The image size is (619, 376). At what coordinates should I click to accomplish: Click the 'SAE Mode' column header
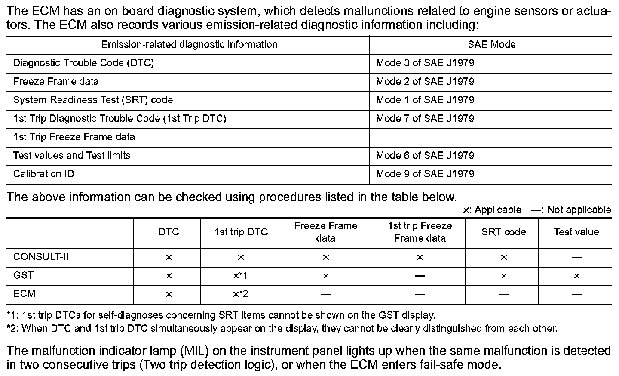coord(491,45)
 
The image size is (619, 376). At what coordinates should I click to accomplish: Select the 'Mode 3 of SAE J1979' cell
coord(425,63)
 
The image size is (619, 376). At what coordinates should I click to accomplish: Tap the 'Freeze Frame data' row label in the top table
coord(56,82)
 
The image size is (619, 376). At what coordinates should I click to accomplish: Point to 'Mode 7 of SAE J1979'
coord(425,119)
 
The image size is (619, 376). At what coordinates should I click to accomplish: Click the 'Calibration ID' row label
coord(43,174)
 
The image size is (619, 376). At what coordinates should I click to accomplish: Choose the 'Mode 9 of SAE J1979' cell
coord(425,174)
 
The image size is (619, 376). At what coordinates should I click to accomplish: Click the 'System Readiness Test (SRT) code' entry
coord(93,100)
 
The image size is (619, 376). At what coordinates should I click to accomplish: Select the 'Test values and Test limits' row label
coord(72,156)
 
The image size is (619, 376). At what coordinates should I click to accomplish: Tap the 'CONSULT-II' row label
coord(41,257)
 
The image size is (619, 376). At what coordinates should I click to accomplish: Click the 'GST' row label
coord(23,276)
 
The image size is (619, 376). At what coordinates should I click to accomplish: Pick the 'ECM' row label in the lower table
coord(24,294)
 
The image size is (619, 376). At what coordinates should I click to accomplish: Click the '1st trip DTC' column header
coord(241,232)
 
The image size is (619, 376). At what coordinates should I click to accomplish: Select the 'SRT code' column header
coord(503,232)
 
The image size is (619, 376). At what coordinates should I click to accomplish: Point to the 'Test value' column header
coord(576,232)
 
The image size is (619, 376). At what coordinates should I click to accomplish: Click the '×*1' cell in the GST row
coord(241,276)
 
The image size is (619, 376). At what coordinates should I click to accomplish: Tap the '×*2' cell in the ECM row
coord(241,294)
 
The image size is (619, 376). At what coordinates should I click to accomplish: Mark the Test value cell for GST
coord(576,276)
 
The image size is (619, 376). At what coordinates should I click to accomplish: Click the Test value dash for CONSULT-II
coord(576,257)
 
